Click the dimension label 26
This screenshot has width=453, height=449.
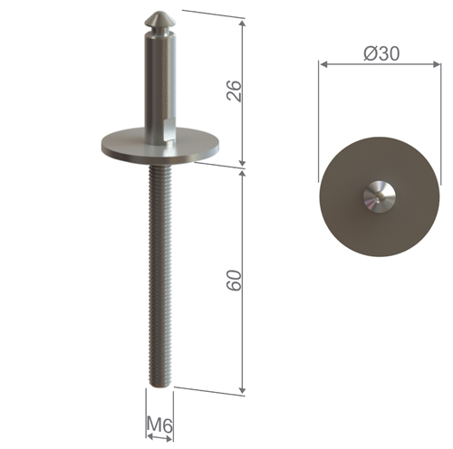234,90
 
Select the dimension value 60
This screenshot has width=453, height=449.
234,281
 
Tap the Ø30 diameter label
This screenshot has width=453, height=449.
381,53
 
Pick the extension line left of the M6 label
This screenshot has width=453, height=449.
146,407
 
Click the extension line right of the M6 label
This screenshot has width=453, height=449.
174,407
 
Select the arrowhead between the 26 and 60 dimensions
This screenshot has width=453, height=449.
243,165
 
